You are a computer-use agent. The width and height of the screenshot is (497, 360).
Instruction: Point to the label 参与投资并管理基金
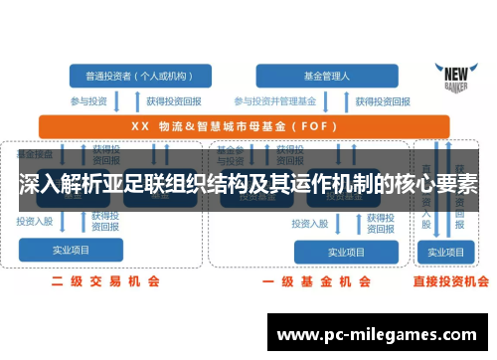point(275,101)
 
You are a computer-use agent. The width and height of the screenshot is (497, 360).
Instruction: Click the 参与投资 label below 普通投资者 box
point(88,101)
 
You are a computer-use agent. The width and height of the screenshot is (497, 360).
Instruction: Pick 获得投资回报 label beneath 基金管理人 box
point(366,101)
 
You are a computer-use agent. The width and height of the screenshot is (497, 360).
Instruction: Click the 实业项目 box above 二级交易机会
point(72,250)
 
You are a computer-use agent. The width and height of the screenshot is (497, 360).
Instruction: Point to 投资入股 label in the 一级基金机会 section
point(311,222)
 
